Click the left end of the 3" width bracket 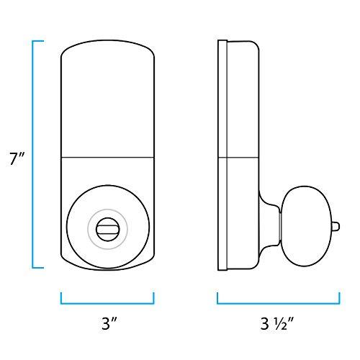click(x=61, y=297)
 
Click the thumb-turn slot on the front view click(x=107, y=229)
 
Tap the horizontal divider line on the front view click(x=107, y=157)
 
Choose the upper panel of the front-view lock click(x=107, y=101)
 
